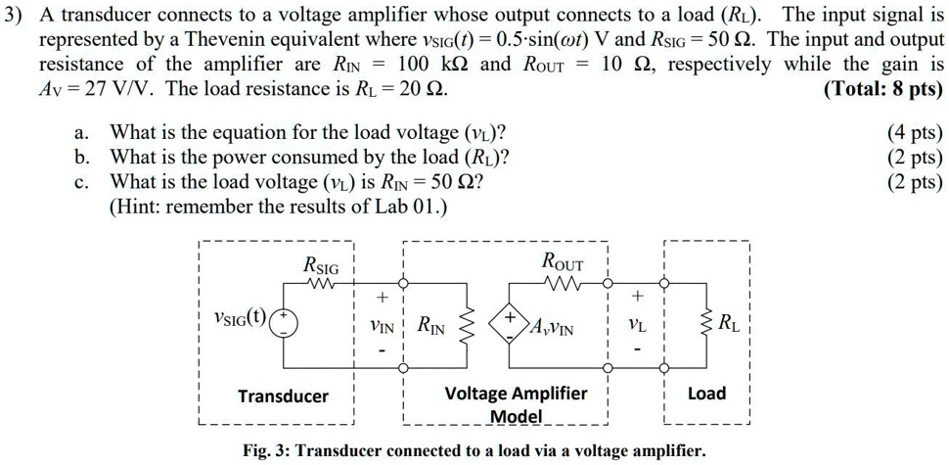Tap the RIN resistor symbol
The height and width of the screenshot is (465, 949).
[467, 323]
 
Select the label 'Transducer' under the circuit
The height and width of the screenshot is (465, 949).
[283, 396]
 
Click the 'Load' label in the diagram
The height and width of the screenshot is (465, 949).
[706, 394]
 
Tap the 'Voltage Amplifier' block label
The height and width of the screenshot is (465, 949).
[516, 394]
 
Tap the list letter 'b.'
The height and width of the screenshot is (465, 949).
[82, 158]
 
